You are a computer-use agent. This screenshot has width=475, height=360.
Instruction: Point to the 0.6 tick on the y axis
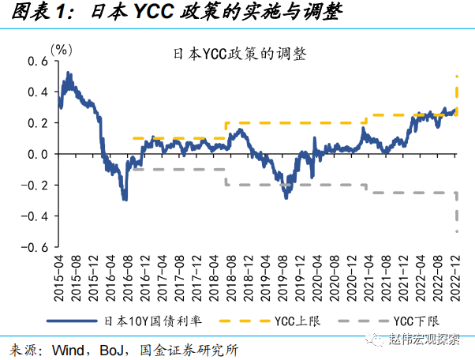click(x=36, y=61)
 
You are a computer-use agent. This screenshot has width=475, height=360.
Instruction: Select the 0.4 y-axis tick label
click(x=36, y=92)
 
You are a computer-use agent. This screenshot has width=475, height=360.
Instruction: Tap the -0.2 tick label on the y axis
click(x=34, y=185)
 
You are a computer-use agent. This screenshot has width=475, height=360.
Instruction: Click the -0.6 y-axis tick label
click(x=34, y=247)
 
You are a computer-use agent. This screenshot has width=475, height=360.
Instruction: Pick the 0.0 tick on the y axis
click(x=36, y=154)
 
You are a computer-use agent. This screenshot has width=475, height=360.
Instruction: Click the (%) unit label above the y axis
click(x=62, y=49)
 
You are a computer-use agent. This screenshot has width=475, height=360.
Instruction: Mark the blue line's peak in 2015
click(x=69, y=73)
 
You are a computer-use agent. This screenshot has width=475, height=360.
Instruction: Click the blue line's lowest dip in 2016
click(x=125, y=200)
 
